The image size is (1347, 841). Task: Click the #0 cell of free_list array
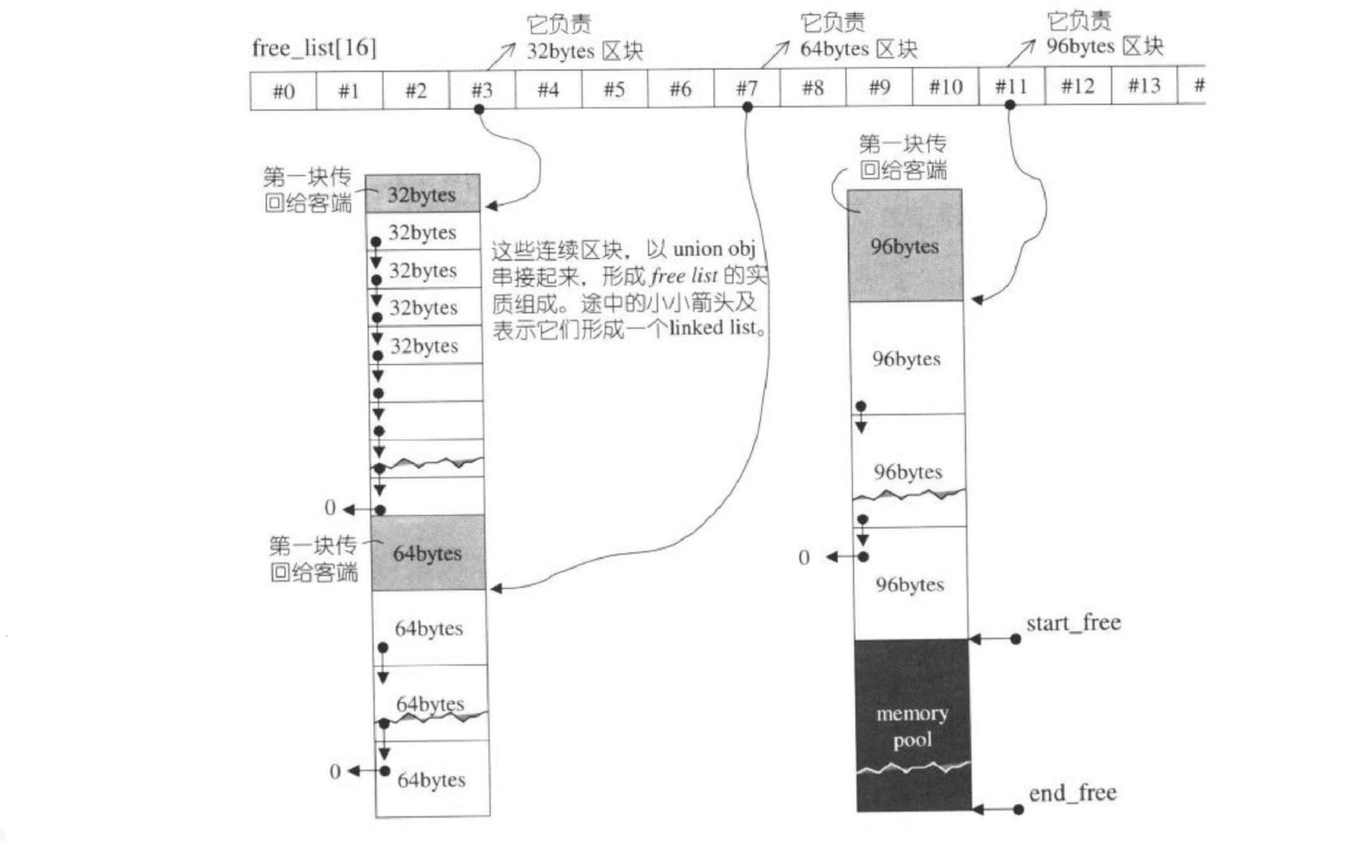(x=283, y=91)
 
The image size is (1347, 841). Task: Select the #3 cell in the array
(x=482, y=90)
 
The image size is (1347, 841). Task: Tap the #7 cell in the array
(x=746, y=88)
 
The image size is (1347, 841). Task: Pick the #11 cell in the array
(x=1011, y=87)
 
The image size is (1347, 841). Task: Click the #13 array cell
(x=1144, y=86)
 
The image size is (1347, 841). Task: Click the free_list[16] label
(x=314, y=48)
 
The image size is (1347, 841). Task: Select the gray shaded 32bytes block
(x=422, y=195)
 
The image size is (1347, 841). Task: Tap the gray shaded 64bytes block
(x=428, y=553)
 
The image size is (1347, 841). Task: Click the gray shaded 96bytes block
(x=904, y=246)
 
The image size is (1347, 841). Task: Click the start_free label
(x=1073, y=623)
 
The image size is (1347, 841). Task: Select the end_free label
(x=1072, y=794)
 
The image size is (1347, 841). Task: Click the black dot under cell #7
(x=747, y=107)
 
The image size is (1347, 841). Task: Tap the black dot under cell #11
(x=1010, y=105)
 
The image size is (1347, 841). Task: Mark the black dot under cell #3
(x=479, y=109)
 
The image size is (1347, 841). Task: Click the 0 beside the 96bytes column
(x=804, y=557)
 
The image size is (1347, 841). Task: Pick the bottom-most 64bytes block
(x=431, y=779)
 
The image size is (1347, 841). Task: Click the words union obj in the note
(x=714, y=249)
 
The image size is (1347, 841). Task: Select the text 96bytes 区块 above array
(x=1104, y=47)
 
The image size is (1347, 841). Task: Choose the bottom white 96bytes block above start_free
(x=910, y=585)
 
